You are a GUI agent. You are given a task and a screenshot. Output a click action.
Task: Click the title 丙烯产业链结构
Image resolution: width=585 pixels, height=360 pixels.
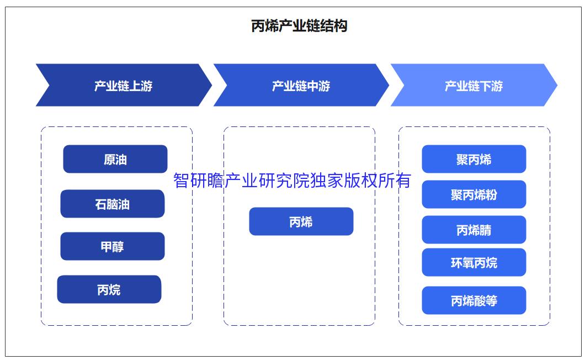[299, 26]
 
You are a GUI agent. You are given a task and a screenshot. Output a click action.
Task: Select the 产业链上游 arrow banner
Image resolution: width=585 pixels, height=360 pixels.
[123, 86]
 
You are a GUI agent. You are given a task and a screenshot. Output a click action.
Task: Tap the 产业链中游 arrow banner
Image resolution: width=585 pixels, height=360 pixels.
[301, 86]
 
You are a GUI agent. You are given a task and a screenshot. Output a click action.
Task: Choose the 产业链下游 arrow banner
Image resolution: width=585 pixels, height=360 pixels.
[474, 86]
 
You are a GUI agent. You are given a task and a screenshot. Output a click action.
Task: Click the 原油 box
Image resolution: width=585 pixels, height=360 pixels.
[115, 159]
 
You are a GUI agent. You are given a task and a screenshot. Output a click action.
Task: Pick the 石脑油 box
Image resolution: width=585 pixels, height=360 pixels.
[112, 204]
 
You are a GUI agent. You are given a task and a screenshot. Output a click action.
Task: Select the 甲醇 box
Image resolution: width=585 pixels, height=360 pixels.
[112, 246]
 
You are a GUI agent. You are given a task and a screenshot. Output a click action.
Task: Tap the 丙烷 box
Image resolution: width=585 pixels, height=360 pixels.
[109, 289]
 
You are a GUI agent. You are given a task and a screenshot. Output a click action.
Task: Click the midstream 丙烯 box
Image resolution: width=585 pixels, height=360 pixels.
[301, 221]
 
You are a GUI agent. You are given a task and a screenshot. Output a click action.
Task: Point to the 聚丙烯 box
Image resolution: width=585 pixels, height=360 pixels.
[474, 159]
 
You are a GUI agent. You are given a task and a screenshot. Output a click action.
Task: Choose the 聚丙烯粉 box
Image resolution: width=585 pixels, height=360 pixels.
[474, 194]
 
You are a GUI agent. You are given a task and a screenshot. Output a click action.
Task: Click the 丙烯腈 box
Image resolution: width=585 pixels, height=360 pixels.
[474, 230]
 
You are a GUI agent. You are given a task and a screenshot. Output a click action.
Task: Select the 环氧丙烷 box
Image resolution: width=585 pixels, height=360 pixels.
[474, 262]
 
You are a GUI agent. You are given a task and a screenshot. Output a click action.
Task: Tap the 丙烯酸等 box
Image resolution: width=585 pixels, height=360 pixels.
[474, 300]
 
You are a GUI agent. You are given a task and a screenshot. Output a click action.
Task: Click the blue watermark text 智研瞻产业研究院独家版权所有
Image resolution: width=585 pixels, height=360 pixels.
[292, 181]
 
